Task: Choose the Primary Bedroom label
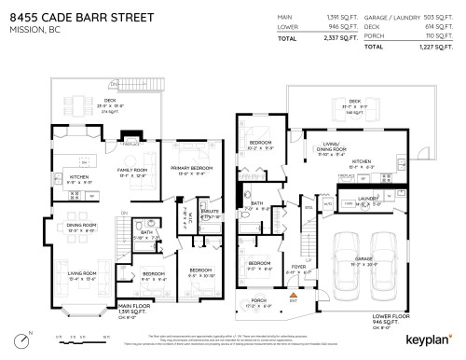(x=187, y=169)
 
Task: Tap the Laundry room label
(x=365, y=199)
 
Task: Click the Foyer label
(x=297, y=266)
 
